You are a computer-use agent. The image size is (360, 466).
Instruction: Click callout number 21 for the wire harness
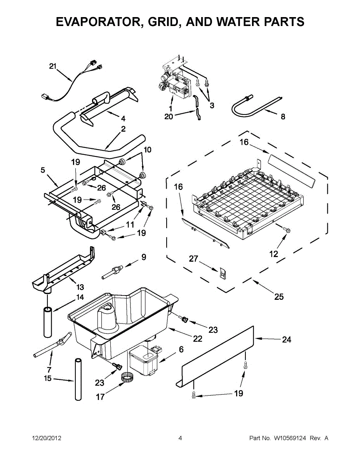click(53, 66)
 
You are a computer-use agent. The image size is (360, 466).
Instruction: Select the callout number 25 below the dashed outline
click(279, 297)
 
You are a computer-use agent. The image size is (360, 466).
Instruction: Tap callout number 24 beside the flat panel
click(286, 340)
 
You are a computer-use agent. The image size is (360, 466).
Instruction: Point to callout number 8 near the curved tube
click(283, 116)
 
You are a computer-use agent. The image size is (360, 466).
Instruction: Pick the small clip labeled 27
click(223, 273)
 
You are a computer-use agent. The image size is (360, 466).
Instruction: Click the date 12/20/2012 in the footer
click(46, 438)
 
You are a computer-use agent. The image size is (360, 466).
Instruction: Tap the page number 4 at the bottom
click(180, 438)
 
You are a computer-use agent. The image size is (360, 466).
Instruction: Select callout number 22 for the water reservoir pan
click(197, 339)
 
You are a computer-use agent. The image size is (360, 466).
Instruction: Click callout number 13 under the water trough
click(80, 287)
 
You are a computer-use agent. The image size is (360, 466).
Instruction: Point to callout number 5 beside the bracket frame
click(43, 170)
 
